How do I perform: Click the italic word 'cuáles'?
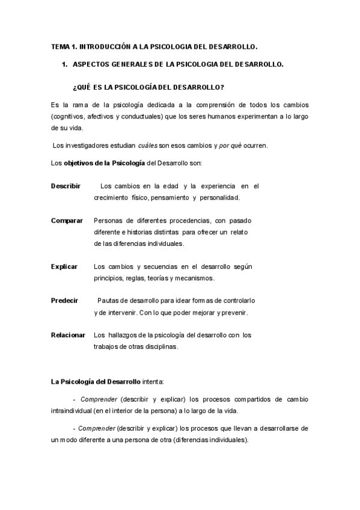[x=148, y=146]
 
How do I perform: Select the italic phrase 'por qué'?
[x=213, y=146]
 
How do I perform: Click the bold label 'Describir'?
[x=66, y=186]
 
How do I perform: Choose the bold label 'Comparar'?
[x=67, y=221]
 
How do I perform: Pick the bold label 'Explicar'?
[x=64, y=266]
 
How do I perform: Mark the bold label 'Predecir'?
[x=64, y=301]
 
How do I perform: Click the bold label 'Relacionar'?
[x=68, y=335]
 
